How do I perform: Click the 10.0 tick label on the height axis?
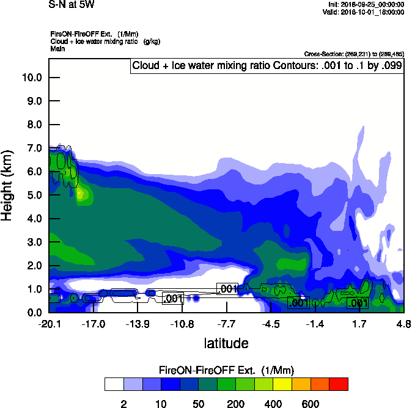click(x=32, y=78)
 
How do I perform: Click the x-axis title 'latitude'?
click(x=226, y=343)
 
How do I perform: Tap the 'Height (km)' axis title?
click(x=8, y=185)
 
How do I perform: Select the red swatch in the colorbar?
click(x=339, y=384)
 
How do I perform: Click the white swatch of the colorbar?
click(x=114, y=384)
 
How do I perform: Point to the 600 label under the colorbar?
click(x=311, y=403)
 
